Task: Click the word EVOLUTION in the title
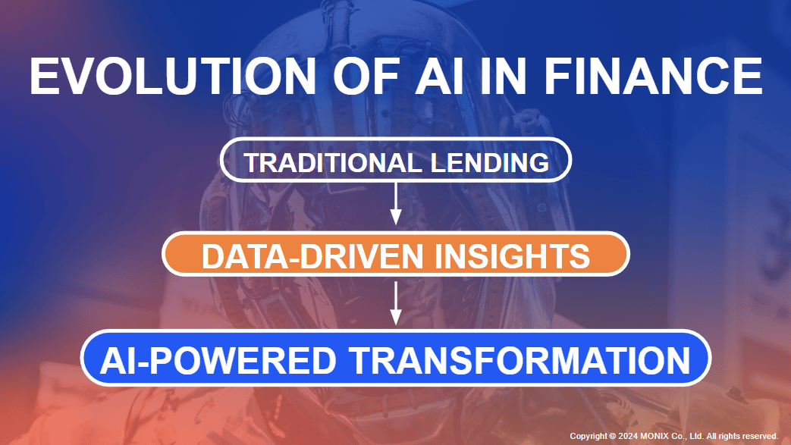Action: [x=173, y=76]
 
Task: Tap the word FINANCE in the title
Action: [x=653, y=76]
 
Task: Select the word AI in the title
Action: [x=438, y=76]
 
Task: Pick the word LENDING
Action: [x=490, y=162]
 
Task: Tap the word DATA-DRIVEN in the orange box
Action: [x=312, y=255]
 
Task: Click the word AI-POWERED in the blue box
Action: [x=218, y=360]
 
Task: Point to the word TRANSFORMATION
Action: [x=520, y=360]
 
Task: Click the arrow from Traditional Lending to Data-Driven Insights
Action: [x=396, y=203]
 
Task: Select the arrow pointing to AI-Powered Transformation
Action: [x=396, y=302]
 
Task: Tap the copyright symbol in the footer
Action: [x=613, y=436]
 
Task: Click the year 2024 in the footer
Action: [x=628, y=436]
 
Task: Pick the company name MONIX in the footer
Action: [x=654, y=436]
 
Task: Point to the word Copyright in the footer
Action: [x=589, y=437]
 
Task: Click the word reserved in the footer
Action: [x=758, y=436]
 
